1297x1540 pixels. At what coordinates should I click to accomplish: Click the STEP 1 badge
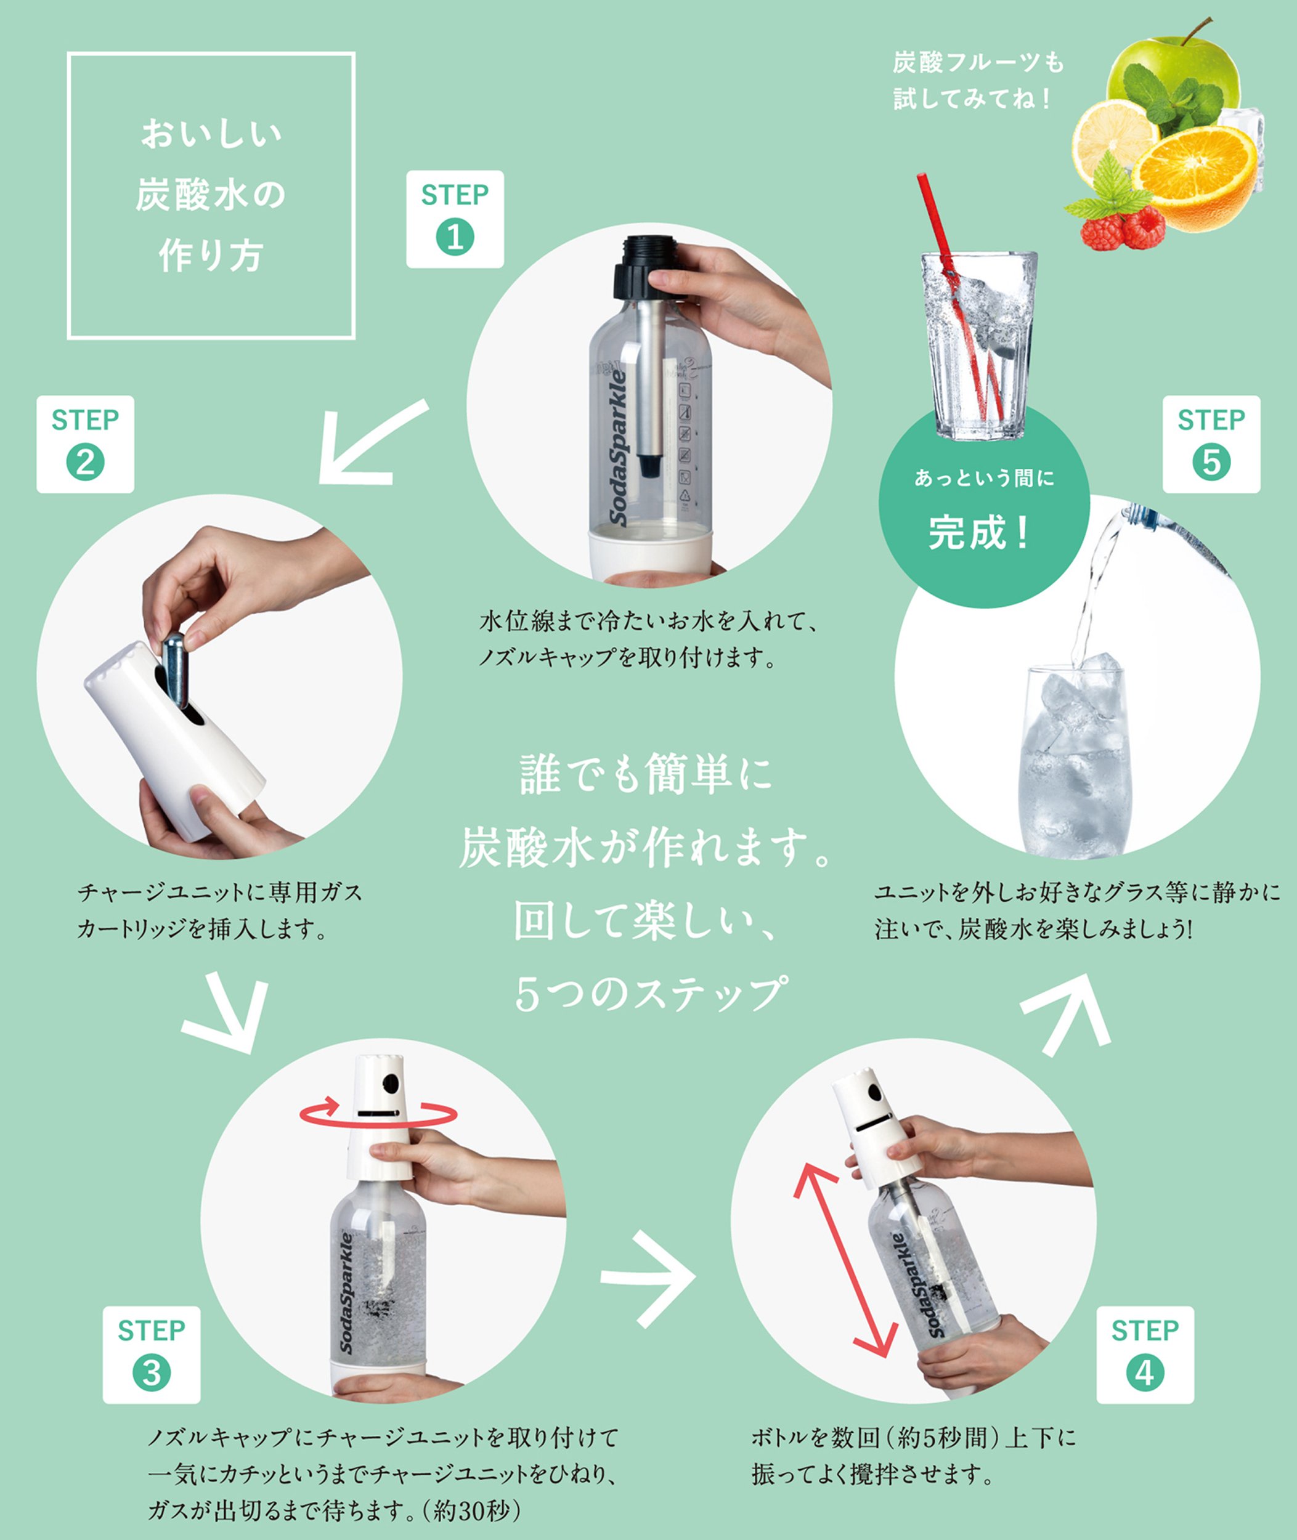click(x=455, y=219)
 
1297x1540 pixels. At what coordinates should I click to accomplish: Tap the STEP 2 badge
click(x=85, y=444)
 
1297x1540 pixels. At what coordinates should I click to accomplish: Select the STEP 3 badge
click(x=152, y=1355)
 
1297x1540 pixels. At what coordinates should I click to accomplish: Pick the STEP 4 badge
click(x=1145, y=1355)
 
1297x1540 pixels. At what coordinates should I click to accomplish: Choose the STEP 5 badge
click(x=1211, y=444)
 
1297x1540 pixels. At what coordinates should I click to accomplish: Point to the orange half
click(x=1195, y=176)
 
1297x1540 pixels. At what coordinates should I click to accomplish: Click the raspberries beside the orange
click(x=1123, y=228)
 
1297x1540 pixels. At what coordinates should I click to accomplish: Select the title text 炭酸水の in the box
click(x=211, y=195)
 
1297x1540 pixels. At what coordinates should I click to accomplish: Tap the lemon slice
click(x=1114, y=144)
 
